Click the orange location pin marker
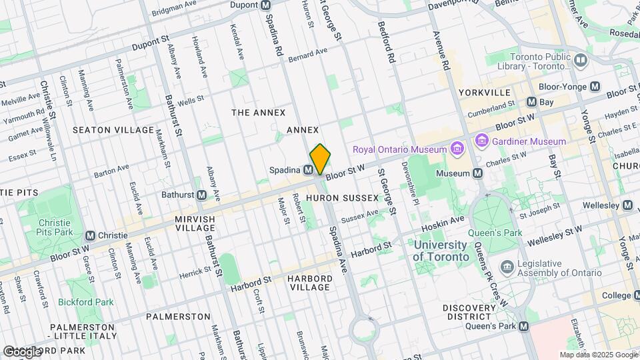pos(320,159)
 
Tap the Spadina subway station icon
pos(309,170)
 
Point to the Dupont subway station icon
pos(266,5)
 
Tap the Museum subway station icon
pos(477,173)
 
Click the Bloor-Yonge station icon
pos(595,87)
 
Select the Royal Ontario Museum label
pos(399,148)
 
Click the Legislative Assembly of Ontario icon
pos(507,267)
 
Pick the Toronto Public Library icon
pos(580,61)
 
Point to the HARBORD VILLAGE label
pos(310,283)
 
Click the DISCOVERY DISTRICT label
pos(471,312)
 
